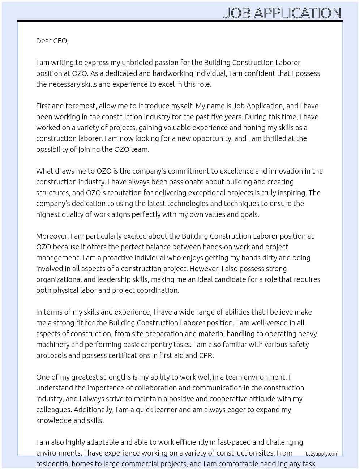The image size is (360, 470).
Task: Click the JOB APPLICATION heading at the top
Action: [282, 13]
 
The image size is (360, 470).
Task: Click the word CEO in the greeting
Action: [60, 41]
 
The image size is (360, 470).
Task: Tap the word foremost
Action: [81, 106]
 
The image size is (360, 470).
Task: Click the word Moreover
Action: [52, 236]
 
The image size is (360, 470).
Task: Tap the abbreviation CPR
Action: [206, 355]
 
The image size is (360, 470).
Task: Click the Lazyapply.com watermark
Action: [322, 454]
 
